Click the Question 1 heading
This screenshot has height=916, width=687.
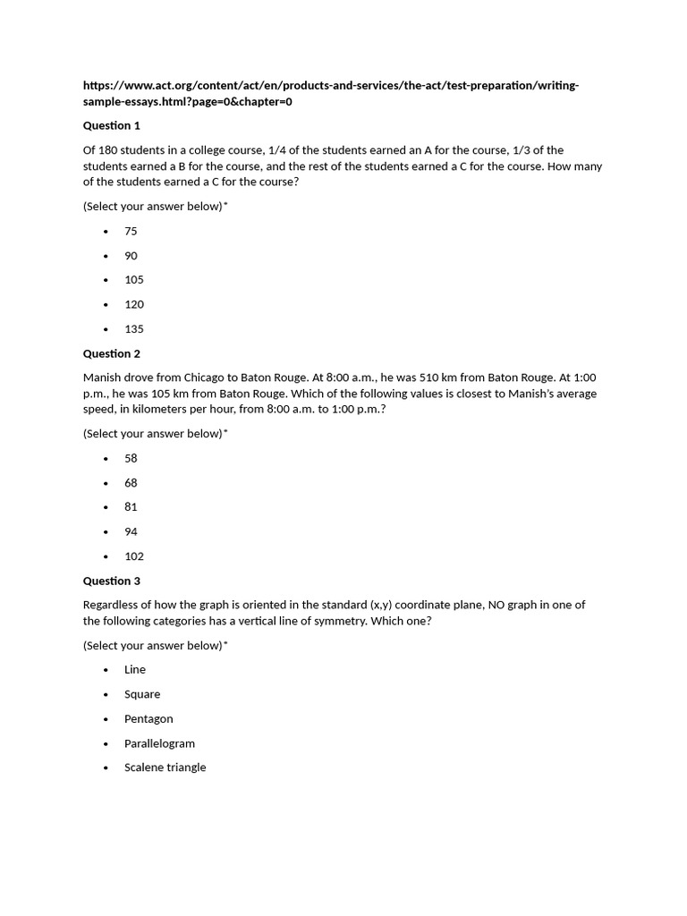tap(112, 125)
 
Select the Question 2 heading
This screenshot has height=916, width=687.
tap(112, 353)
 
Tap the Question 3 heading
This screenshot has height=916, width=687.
tap(112, 581)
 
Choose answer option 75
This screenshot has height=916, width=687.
tap(131, 231)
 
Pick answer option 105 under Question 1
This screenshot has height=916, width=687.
tap(134, 279)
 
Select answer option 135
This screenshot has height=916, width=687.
tap(134, 328)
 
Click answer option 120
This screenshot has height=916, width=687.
tap(134, 304)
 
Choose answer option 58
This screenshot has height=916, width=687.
tap(131, 458)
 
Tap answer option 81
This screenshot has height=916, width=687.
tap(131, 506)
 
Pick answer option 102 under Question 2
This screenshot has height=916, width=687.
tap(134, 556)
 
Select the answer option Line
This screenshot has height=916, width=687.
tap(135, 669)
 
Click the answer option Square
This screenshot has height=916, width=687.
tap(142, 694)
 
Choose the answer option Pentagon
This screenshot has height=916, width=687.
tap(148, 718)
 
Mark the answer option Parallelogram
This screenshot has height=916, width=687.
tap(159, 743)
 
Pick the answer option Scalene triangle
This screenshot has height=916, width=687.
tap(165, 767)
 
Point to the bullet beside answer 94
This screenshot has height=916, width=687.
tap(106, 531)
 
